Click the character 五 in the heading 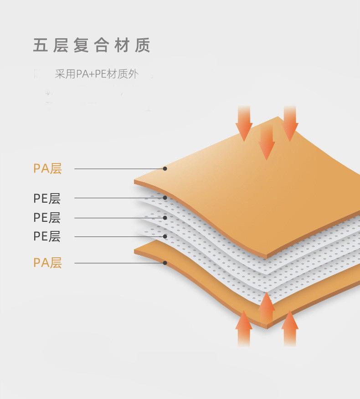pos(41,46)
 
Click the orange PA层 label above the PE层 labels pos(47,169)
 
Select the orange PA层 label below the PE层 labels pos(47,263)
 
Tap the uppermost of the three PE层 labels pos(47,198)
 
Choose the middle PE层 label pos(47,218)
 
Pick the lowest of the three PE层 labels pos(47,236)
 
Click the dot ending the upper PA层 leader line pos(165,169)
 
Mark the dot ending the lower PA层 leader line pos(165,263)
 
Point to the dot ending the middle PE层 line pos(165,218)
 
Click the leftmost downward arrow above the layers pos(245,123)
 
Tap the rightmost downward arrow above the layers pos(290,123)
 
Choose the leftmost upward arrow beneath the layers pos(244,328)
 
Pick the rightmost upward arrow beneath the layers pos(290,328)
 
